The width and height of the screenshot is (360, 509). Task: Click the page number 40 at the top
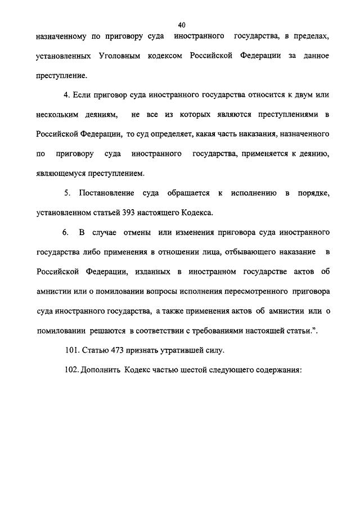click(181, 24)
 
